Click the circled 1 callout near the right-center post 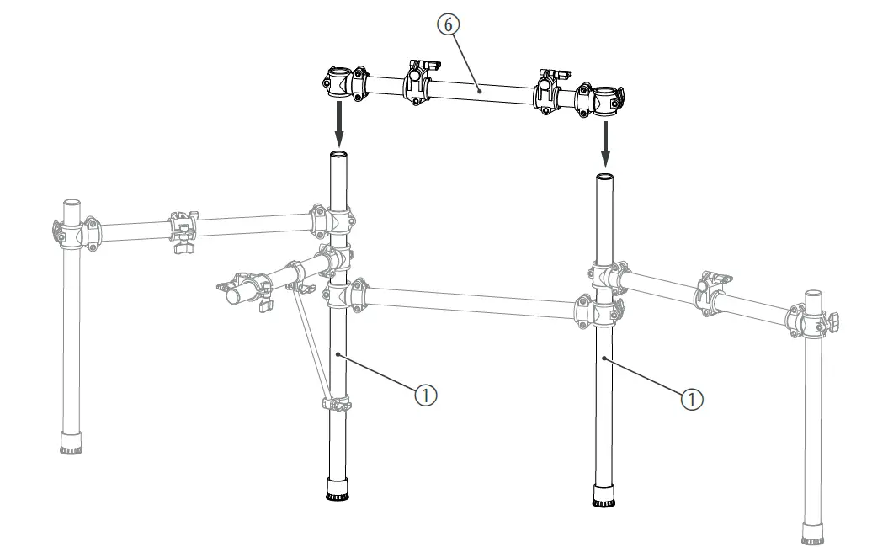click(692, 400)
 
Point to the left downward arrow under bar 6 click(338, 125)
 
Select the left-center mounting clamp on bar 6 click(418, 82)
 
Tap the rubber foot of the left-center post click(338, 489)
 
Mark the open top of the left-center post click(338, 155)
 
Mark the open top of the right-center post click(604, 177)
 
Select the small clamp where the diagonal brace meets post click(337, 404)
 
